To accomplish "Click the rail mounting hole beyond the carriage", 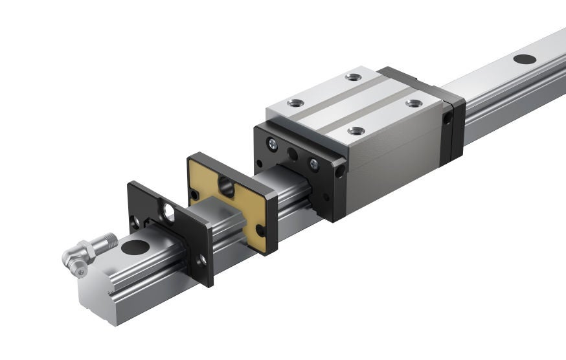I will point(525,59).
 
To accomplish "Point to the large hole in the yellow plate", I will point(227,188).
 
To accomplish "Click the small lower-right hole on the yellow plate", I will point(260,230).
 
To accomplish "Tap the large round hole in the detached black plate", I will point(169,212).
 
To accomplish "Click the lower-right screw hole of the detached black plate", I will point(202,260).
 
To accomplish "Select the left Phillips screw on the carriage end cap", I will point(273,146).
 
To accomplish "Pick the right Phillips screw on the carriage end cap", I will point(313,164).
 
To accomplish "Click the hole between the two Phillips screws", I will point(293,155).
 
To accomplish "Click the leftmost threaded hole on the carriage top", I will point(295,103).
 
